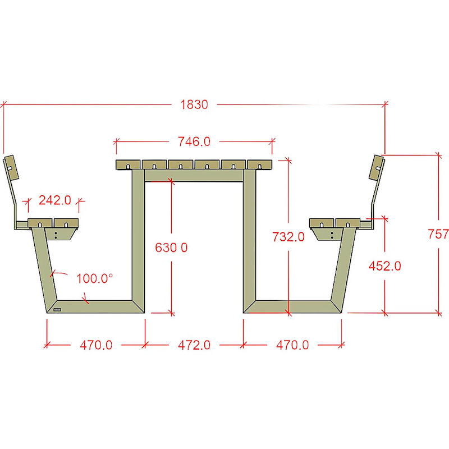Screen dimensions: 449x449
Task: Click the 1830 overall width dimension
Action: (194, 104)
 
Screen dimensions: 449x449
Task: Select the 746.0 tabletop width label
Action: (194, 141)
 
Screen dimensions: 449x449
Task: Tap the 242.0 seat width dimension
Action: (54, 200)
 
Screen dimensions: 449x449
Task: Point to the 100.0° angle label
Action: (95, 278)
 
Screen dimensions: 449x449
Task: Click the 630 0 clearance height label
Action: (171, 248)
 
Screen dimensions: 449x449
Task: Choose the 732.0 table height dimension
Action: (288, 237)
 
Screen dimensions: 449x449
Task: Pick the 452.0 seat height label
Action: (385, 266)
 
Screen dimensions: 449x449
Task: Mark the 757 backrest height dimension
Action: (438, 234)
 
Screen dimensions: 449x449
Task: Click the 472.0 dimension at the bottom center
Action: (194, 345)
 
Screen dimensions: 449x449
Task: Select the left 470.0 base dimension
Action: (96, 345)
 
